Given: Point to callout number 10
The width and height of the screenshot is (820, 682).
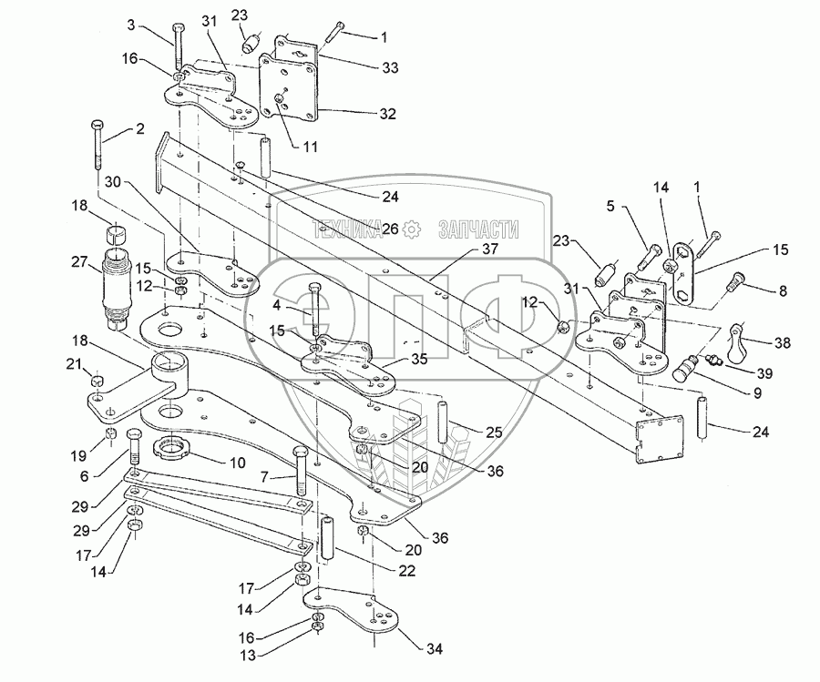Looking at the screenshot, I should pos(237,463).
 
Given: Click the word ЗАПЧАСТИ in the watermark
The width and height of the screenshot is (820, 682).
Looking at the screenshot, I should pos(478,229).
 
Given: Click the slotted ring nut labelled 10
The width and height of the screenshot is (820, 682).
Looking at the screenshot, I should pos(175,447).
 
